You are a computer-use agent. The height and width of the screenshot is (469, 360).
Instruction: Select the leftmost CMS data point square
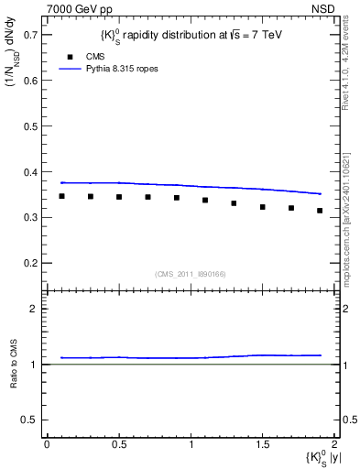62,196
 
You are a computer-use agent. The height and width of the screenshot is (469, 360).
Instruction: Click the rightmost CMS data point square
320,211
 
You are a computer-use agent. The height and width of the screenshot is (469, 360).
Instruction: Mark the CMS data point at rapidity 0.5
119,197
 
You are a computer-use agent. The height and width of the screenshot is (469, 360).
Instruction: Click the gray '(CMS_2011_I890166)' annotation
191,274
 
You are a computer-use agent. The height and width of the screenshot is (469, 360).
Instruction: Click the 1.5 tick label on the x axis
263,443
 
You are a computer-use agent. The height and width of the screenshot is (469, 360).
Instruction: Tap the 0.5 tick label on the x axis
119,443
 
